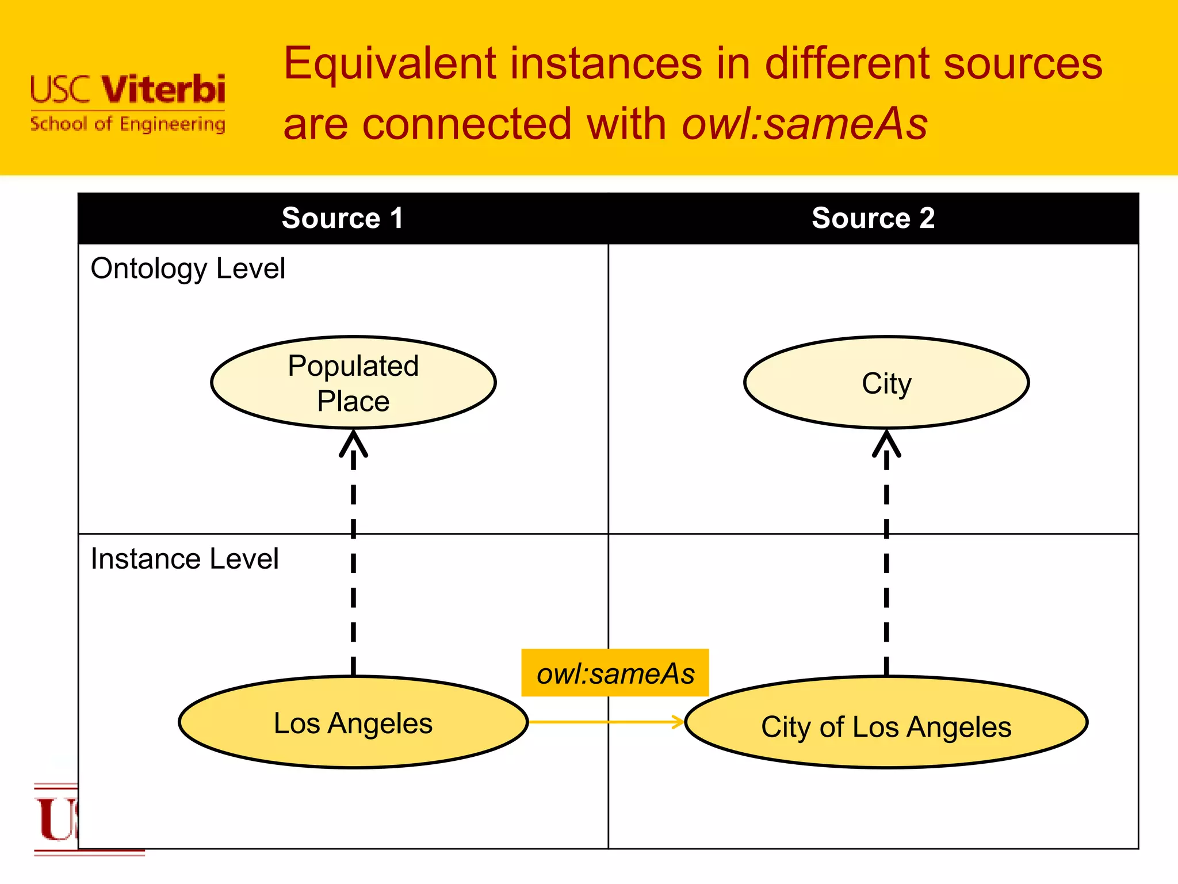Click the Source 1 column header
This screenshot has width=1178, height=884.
[342, 219]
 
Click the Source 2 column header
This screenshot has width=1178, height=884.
[873, 219]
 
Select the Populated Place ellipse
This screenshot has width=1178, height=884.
[353, 383]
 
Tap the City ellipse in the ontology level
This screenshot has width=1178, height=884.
[886, 383]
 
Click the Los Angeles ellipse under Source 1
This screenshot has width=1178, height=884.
[353, 723]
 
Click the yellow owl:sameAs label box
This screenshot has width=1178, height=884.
[615, 673]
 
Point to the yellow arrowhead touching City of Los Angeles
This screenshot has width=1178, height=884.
[679, 722]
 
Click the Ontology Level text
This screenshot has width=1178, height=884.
[188, 269]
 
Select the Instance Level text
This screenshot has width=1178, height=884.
[185, 559]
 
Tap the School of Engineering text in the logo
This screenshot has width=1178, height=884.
[128, 124]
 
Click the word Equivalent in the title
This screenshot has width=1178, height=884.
[390, 63]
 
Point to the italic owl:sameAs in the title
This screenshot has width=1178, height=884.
[804, 124]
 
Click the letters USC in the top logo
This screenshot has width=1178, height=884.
[61, 90]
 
